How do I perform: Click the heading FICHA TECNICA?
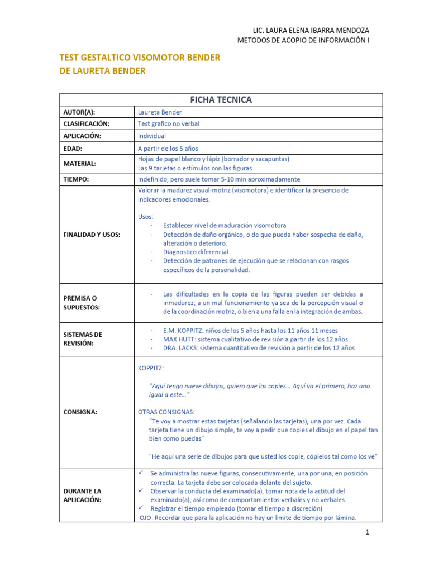click(x=221, y=100)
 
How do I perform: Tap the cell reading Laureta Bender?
click(x=159, y=112)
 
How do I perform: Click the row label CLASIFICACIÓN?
click(x=87, y=124)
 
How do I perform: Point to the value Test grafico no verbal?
click(x=168, y=124)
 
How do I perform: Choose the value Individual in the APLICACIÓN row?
click(x=152, y=136)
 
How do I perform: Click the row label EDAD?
click(x=73, y=149)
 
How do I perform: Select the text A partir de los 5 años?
click(x=168, y=149)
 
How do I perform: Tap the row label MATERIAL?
click(x=79, y=164)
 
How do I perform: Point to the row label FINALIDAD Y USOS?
click(x=92, y=235)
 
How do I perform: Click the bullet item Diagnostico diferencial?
click(x=196, y=252)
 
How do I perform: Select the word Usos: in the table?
click(x=145, y=217)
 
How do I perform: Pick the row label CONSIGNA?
click(x=80, y=412)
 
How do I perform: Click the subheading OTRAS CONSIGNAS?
click(x=167, y=412)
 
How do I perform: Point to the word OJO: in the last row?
click(x=146, y=518)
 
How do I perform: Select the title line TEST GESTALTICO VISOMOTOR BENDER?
click(x=140, y=58)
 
